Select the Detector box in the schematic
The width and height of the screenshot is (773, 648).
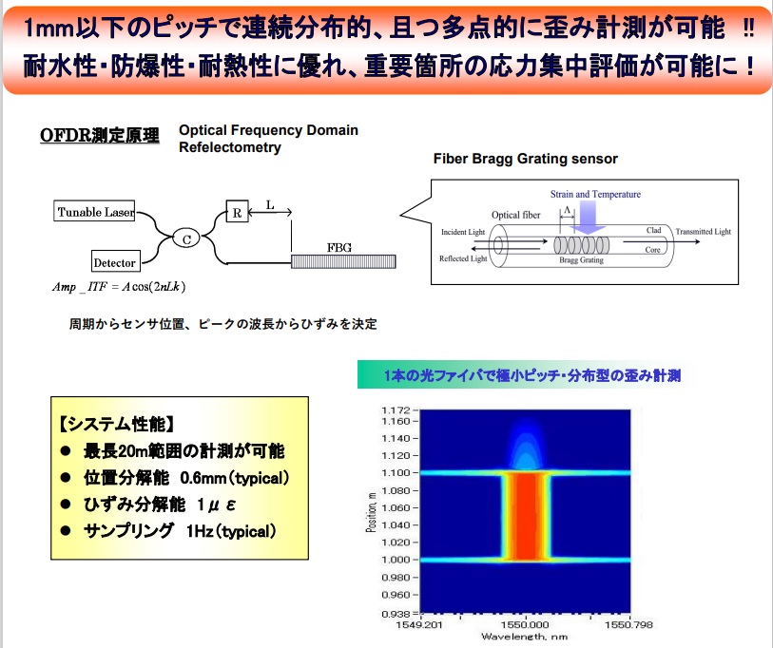(115, 262)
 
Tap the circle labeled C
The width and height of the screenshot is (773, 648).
(187, 239)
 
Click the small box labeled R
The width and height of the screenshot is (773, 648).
(237, 213)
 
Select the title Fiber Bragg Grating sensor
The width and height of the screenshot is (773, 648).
(525, 159)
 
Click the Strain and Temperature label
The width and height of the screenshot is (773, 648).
(595, 194)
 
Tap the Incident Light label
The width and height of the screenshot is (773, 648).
(463, 232)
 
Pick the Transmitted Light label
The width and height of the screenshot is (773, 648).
(704, 232)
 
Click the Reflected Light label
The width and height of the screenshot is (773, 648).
(463, 258)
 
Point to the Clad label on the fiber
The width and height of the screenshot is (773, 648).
(654, 230)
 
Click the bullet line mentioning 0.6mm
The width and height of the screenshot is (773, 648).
(174, 477)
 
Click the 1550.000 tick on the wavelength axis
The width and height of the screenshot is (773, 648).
(522, 624)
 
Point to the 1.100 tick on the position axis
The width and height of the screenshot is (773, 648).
(394, 472)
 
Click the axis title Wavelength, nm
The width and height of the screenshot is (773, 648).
(524, 637)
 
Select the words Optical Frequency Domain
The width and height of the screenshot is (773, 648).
(268, 130)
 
